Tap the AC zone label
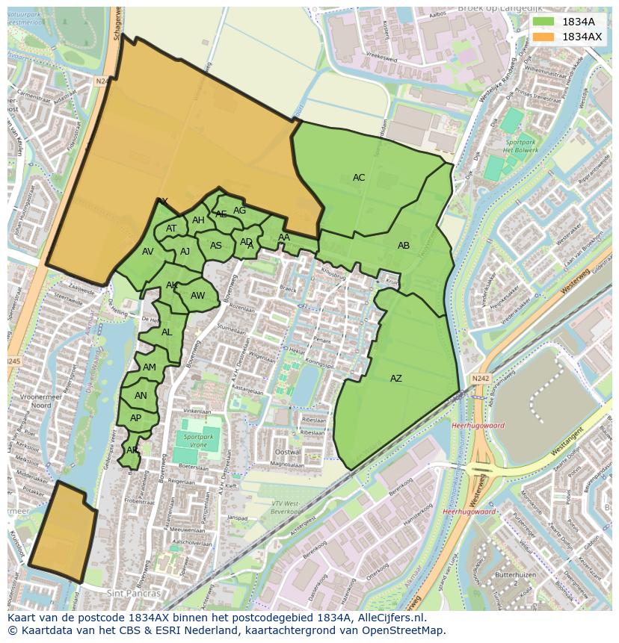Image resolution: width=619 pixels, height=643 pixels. (359, 178)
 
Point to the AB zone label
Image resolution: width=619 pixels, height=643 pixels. (404, 246)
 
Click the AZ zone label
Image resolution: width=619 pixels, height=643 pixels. (396, 379)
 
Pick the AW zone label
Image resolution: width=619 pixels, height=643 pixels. (197, 296)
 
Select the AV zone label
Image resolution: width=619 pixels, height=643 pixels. (148, 252)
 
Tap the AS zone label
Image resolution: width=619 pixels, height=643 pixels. (216, 246)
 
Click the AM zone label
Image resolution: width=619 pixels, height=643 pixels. (150, 367)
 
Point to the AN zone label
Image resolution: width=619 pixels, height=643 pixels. (141, 396)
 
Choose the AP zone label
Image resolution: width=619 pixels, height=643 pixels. (135, 418)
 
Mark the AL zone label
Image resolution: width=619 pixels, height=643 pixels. (167, 332)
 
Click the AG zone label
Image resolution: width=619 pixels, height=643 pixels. (239, 211)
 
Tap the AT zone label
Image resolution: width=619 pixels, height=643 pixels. (171, 229)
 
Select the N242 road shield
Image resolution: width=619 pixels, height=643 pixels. (480, 379)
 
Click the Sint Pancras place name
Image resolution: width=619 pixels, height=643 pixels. (135, 594)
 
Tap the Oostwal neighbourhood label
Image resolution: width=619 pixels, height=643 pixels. (288, 453)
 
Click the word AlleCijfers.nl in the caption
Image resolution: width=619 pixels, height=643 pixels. (389, 618)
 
